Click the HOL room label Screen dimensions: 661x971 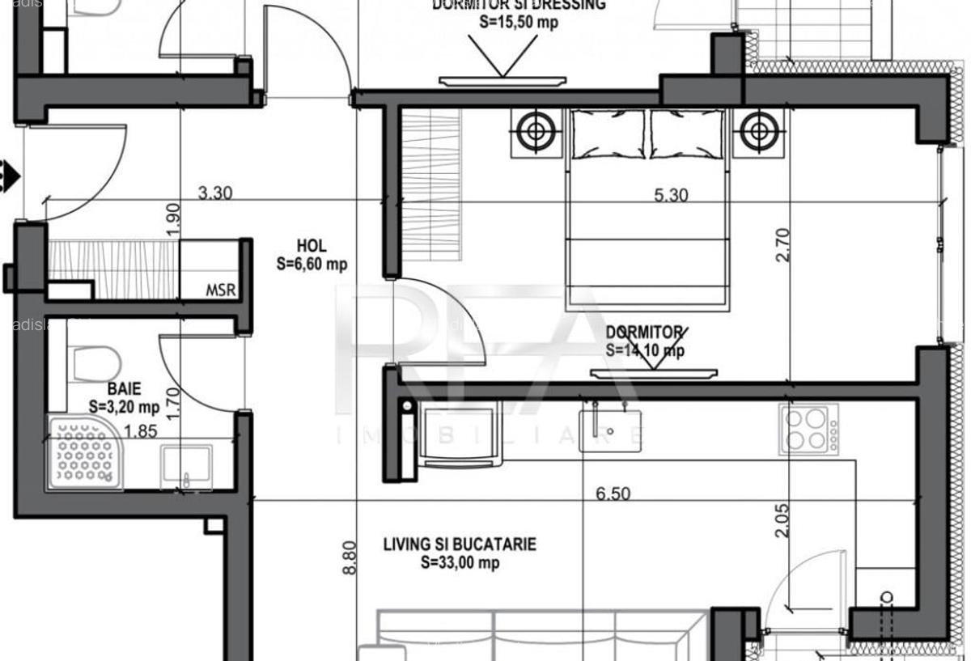[x=312, y=245]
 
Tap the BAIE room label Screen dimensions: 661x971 [x=117, y=390]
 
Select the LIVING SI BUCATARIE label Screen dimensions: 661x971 [x=460, y=544]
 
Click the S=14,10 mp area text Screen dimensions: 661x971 [x=645, y=350]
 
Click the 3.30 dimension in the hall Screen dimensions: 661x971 [x=215, y=193]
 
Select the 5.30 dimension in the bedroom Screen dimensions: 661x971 [x=672, y=195]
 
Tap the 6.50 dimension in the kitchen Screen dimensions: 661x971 [x=613, y=494]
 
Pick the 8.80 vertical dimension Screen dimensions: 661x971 [x=350, y=557]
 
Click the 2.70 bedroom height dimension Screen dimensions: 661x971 [x=782, y=244]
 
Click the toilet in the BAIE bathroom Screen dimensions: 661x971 [x=86, y=362]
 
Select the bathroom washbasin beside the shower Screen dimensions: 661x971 [x=186, y=465]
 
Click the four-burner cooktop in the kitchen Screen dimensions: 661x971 [x=808, y=429]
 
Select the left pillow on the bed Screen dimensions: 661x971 [x=608, y=133]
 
